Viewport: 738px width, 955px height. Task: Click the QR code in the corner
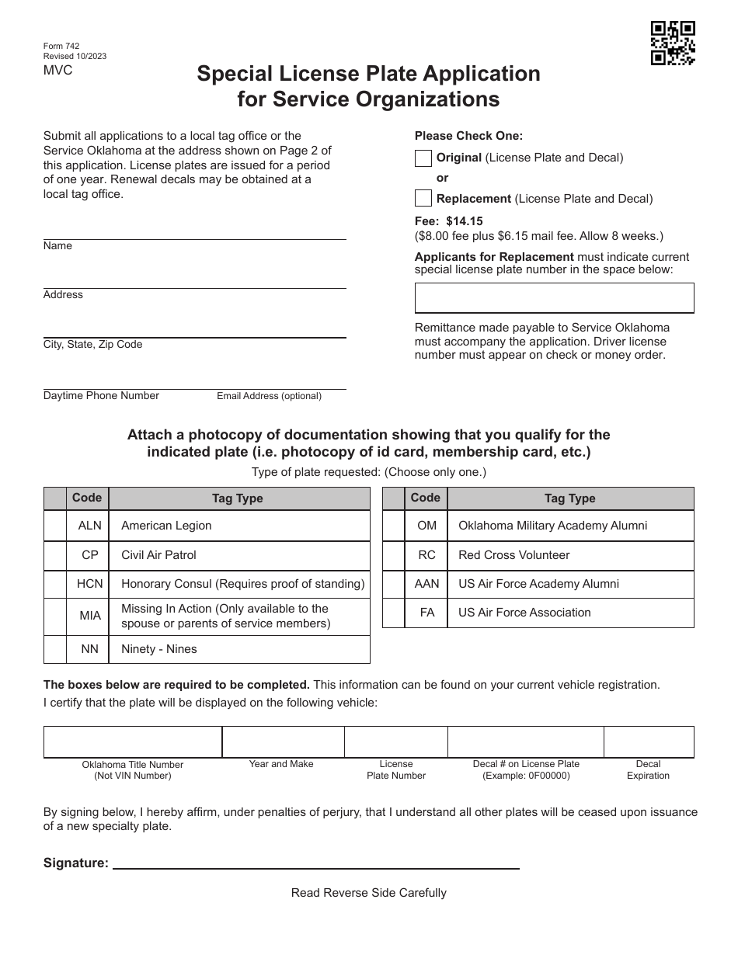pos(673,43)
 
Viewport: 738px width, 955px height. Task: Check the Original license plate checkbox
pos(423,158)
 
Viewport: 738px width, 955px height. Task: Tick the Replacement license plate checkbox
pos(423,198)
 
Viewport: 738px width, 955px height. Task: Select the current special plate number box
pos(554,297)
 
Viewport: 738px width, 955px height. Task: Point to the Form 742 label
pos(61,46)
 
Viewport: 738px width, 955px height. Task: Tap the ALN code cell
pos(90,526)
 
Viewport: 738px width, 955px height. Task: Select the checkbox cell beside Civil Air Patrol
pos(55,555)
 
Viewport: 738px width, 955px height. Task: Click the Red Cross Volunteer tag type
pos(513,555)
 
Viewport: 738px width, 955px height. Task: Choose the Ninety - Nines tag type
pos(159,649)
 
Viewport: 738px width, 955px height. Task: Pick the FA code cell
pos(427,613)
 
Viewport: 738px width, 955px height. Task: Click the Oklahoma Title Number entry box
pos(133,741)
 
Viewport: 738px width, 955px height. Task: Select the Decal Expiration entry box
pos(649,741)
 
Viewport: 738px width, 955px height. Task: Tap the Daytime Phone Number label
pos(101,396)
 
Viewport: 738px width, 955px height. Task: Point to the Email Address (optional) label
pos(269,396)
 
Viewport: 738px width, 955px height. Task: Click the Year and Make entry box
pos(283,741)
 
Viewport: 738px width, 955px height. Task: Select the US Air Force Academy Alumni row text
pos(538,584)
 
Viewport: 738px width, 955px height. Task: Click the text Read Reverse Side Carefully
pos(369,893)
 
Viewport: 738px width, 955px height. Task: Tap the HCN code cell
pos(90,584)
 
